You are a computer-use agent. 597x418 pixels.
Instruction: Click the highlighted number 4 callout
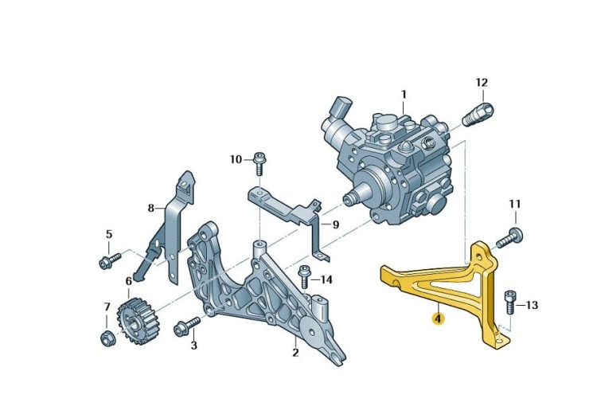coord(439,318)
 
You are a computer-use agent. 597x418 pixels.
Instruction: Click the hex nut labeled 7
coord(107,338)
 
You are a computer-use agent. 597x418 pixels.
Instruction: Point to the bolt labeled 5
coord(109,260)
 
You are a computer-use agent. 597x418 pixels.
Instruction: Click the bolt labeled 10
coord(259,163)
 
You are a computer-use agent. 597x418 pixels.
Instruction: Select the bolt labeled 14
coord(305,278)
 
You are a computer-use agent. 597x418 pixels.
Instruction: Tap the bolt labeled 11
coord(509,237)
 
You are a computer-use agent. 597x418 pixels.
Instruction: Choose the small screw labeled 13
coord(510,303)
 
